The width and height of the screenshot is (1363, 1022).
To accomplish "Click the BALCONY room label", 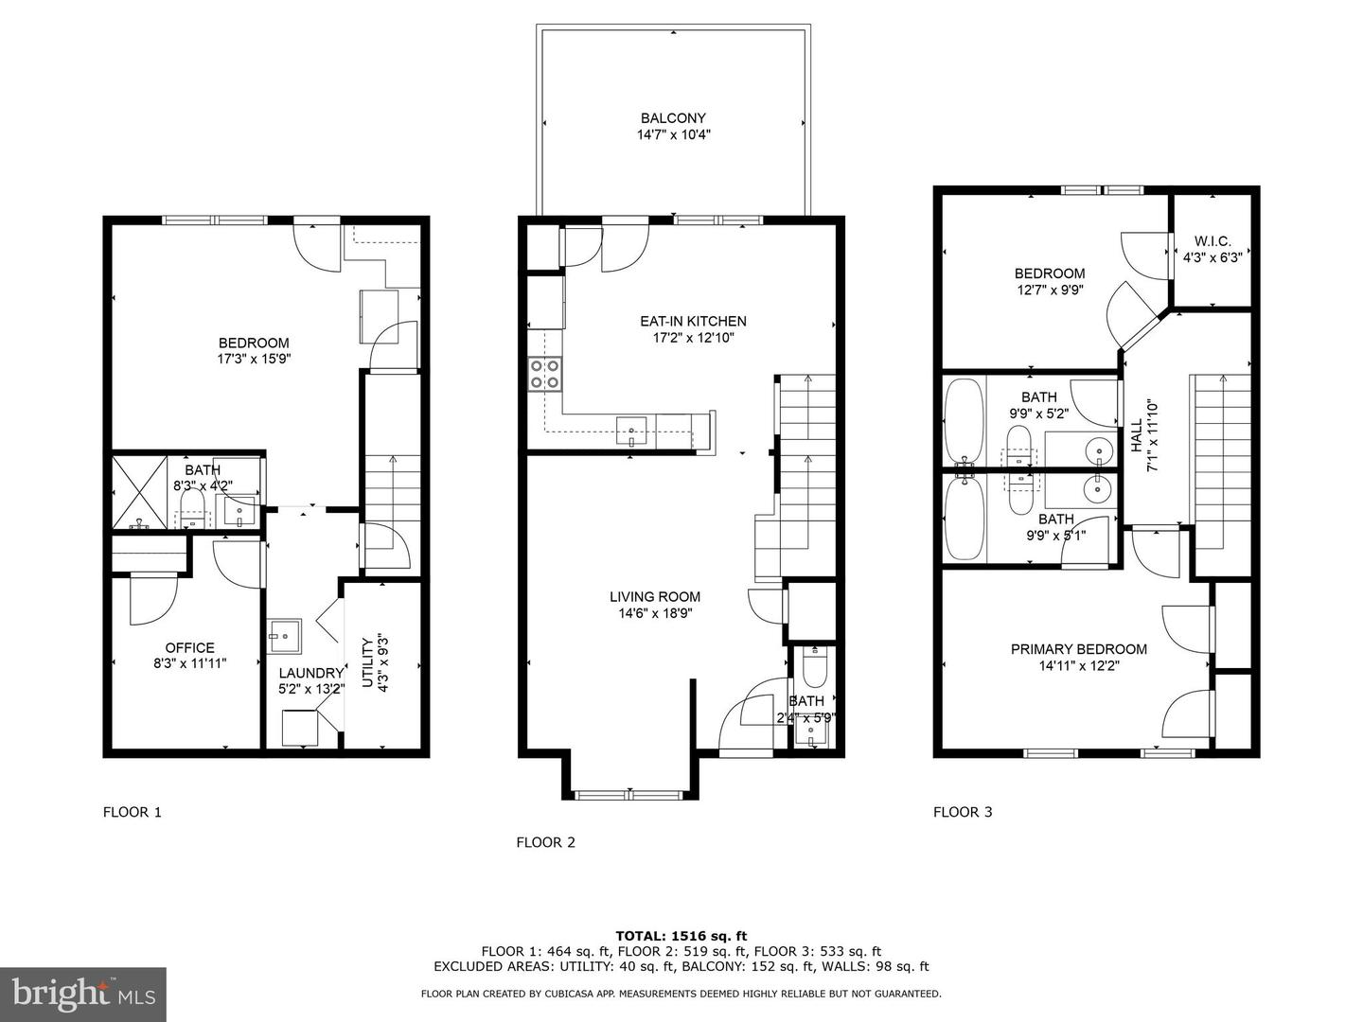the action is coord(673,118).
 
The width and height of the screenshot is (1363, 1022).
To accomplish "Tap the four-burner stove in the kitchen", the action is coord(544,374).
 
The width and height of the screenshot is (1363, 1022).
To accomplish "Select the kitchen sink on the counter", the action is coord(631,432).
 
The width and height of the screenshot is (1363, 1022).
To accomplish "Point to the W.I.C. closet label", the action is coord(1213,240).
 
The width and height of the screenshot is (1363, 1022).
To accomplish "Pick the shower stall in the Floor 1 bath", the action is coord(140,493).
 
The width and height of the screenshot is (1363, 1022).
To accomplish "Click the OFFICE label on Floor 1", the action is coord(189,648).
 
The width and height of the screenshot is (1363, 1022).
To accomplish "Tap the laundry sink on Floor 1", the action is coord(284,636).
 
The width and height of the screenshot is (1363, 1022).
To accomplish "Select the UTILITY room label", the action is coord(367,662).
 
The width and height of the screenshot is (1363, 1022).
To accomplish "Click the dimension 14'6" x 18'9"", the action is coord(654,614).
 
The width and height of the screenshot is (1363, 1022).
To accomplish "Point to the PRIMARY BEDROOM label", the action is coord(1079,649).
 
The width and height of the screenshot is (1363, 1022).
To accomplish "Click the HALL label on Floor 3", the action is coord(1136,434).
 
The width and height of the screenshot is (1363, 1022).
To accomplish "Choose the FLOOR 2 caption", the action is coord(546,842).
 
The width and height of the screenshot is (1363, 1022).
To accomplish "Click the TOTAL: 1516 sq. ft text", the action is coord(681,936).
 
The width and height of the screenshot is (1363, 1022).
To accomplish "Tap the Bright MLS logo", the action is coord(83,994).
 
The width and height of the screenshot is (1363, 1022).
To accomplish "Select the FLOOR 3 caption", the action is coord(963,812).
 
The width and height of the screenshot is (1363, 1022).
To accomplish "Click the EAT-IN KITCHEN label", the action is coord(693,322).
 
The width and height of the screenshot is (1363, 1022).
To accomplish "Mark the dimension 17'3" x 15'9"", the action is coord(254,359).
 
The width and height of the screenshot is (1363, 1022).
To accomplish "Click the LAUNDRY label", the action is coord(311,673).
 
